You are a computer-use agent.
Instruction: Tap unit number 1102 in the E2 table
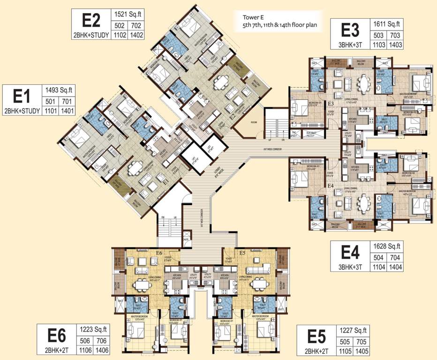coord(121,35)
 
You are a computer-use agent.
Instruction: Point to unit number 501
coord(50,101)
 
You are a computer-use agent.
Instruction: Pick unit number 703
coord(393,35)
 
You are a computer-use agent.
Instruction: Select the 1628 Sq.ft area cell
coord(384,245)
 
